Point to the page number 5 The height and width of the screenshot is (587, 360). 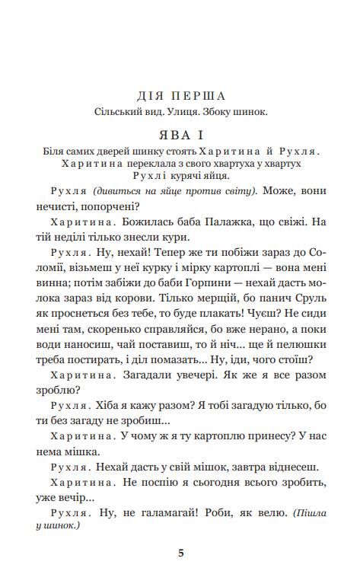click(181, 552)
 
